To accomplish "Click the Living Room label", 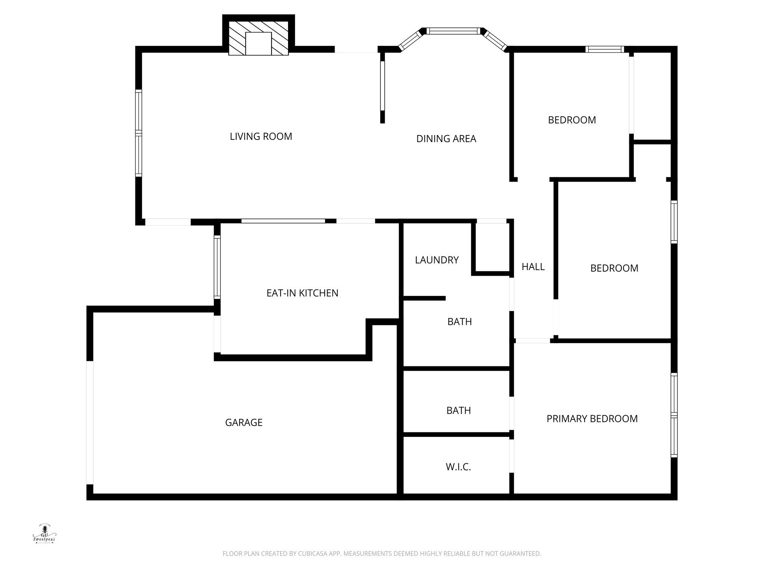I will (x=261, y=137).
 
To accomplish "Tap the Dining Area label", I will (x=446, y=139).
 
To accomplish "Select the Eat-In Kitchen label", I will (x=302, y=293).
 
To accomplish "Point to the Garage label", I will (x=244, y=422).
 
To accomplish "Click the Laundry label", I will (x=436, y=260).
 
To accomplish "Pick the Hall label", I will (x=533, y=267).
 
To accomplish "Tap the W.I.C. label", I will (x=458, y=467).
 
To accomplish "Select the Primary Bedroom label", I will (x=592, y=419).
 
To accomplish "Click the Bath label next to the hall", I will (x=460, y=322).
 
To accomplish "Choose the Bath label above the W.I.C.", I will (x=458, y=410).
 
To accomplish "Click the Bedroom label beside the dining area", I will (x=572, y=120).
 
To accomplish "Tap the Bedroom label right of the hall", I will (x=614, y=268).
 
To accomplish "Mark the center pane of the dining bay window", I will (x=453, y=31).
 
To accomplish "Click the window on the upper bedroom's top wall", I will (x=604, y=49).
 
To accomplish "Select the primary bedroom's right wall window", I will (x=674, y=415).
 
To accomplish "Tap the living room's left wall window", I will (x=138, y=133).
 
